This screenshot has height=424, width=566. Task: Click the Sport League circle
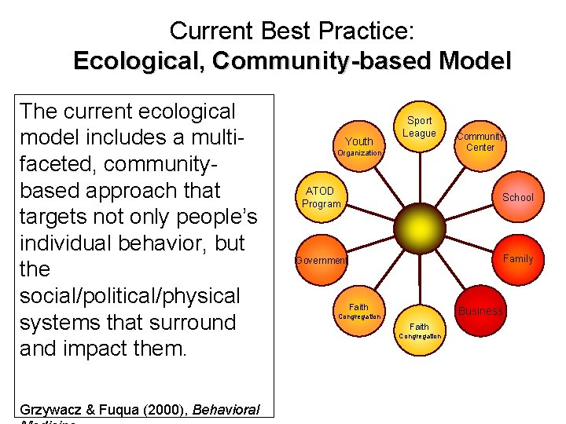click(x=419, y=127)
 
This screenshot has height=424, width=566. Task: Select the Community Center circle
click(x=480, y=141)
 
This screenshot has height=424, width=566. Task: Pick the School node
click(x=517, y=197)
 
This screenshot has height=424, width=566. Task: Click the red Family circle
click(x=517, y=259)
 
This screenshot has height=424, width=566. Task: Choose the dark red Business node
click(x=480, y=311)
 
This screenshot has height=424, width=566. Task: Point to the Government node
click(x=321, y=260)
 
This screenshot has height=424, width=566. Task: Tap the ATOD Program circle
click(x=321, y=197)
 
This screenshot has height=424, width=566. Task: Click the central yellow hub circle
click(x=419, y=228)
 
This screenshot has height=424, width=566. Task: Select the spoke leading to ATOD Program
click(x=369, y=213)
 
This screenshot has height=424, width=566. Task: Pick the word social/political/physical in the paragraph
click(x=130, y=296)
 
